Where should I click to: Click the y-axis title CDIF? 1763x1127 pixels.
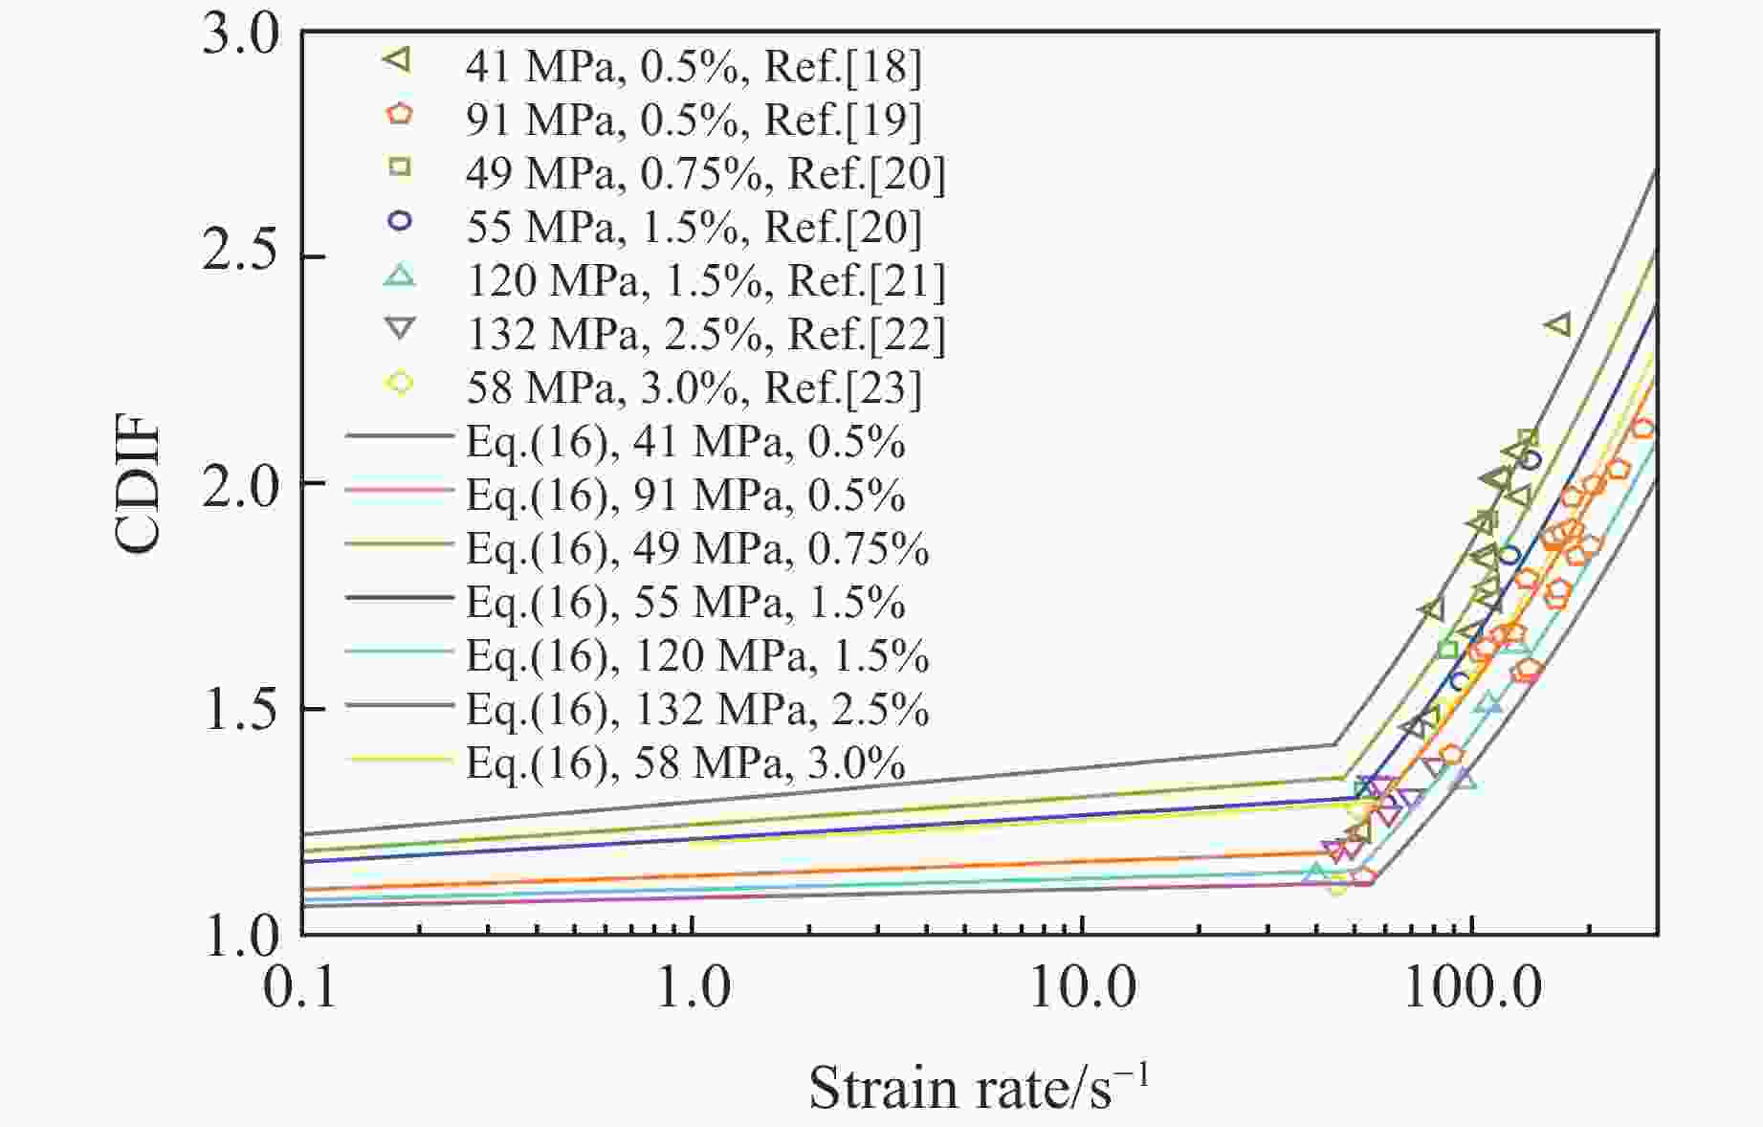138,484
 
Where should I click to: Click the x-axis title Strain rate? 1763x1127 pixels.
978,1087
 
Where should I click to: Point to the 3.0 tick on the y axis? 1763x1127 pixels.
241,33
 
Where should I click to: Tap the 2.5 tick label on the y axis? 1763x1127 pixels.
241,257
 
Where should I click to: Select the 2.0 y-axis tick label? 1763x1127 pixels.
241,483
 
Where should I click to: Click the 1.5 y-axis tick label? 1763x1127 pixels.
241,709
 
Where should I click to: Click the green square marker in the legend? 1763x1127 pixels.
399,167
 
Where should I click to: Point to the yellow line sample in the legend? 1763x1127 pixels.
399,761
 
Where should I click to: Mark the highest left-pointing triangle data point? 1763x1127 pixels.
1557,325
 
